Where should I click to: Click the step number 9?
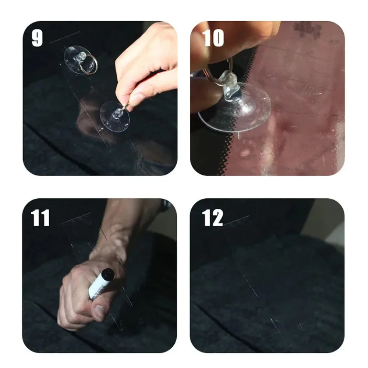point(37,38)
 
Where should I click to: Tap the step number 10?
point(213,38)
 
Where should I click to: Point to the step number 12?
point(212,218)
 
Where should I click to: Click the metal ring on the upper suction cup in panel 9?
point(88,65)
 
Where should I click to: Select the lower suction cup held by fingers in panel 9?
point(114,117)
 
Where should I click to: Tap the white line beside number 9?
point(65,37)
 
